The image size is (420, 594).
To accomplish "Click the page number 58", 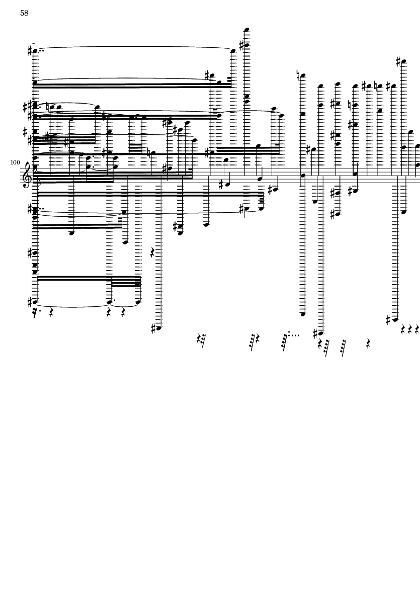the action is coord(24,13).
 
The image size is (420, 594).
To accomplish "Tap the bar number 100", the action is coord(15,162).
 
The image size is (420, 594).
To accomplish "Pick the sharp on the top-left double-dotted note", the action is coord(30,50).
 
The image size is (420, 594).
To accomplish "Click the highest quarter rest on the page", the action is coord(152,252).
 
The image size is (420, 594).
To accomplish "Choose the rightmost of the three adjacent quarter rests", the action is coord(417,329).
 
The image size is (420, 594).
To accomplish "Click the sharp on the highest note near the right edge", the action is coord(399,61).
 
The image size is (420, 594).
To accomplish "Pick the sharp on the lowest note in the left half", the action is coord(154,329).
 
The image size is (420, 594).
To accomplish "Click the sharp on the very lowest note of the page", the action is coord(315,333).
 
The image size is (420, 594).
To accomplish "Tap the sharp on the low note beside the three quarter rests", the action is coord(389,320).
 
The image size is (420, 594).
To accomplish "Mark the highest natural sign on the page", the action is coord(299,75).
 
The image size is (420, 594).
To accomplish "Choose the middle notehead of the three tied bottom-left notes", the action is coord(110,302).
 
